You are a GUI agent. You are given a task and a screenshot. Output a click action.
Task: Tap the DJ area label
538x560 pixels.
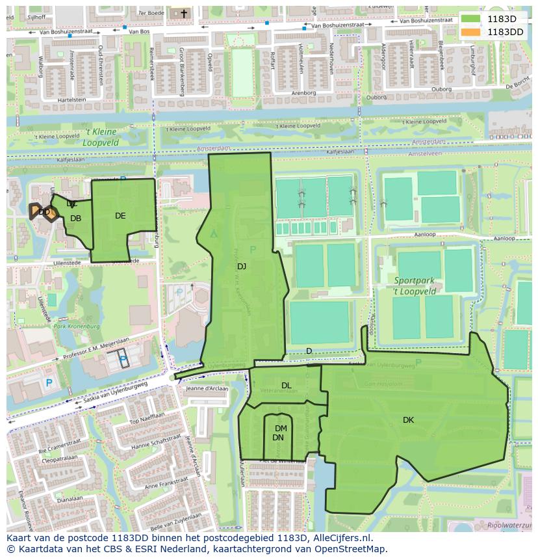[x=242, y=266]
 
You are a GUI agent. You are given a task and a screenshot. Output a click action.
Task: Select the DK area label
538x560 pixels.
[x=408, y=420]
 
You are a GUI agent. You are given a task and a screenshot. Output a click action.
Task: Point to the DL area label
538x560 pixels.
[x=287, y=386]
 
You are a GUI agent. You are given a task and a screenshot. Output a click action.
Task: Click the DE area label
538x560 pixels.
[x=120, y=216]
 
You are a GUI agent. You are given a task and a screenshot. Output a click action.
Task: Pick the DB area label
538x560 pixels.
[x=76, y=219]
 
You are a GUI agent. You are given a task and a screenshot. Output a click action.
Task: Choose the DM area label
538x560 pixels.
[x=281, y=428]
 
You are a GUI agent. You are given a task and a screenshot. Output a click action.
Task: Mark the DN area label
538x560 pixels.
[x=278, y=438]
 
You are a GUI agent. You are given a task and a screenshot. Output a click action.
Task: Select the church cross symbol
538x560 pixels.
[x=183, y=13]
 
